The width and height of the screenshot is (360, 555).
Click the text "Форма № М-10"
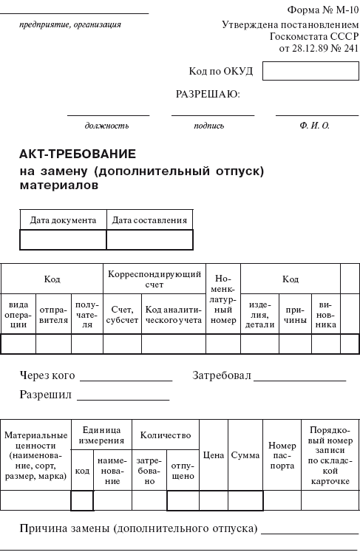tap(322, 10)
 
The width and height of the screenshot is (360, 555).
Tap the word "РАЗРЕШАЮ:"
tap(208, 95)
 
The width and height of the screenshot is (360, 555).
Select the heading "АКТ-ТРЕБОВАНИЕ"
tap(78, 154)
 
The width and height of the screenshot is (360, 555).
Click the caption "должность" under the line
tap(106, 126)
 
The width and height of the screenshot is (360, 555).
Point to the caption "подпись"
tap(209, 126)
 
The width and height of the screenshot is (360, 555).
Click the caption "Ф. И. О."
tap(315, 126)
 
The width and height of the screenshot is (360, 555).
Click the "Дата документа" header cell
tap(63, 220)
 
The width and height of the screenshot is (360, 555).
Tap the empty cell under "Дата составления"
tap(149, 239)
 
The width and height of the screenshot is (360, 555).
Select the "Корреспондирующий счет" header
tap(154, 279)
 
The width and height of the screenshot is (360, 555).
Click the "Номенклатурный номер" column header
tap(223, 300)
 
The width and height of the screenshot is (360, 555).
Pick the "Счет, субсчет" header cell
tap(121, 315)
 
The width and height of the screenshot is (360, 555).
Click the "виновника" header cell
tap(325, 315)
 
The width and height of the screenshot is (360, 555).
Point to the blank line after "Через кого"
tap(126, 376)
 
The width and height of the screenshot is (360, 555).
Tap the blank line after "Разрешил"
tap(123, 395)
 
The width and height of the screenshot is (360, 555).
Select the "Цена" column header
tap(213, 455)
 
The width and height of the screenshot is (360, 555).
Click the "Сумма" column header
tap(245, 455)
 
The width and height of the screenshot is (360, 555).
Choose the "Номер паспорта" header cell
tap(282, 455)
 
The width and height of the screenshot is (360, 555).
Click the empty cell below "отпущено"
tap(183, 501)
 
